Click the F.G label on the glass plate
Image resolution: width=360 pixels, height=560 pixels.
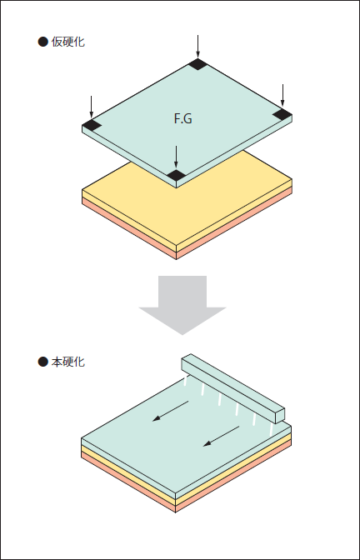click(x=182, y=118)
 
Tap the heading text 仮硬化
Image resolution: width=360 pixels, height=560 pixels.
click(x=67, y=42)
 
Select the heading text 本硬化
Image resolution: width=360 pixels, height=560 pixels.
click(x=67, y=362)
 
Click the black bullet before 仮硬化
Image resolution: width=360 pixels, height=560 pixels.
click(x=42, y=42)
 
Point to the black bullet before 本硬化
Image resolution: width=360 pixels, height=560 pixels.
click(x=42, y=362)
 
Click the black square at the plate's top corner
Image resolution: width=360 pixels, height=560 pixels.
click(x=197, y=64)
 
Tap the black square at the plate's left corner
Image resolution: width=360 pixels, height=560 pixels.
click(x=92, y=125)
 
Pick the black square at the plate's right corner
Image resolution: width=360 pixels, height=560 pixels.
click(x=282, y=115)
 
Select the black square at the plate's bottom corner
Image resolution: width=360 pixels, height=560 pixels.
click(x=176, y=175)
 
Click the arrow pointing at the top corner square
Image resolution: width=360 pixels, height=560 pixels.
click(x=197, y=47)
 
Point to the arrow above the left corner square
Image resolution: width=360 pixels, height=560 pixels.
click(x=92, y=107)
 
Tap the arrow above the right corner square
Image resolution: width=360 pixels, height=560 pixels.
click(x=282, y=95)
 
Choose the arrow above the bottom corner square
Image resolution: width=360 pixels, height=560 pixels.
click(x=176, y=157)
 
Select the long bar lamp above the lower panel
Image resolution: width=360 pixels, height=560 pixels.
click(x=232, y=388)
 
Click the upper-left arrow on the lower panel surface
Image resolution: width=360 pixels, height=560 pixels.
click(x=170, y=411)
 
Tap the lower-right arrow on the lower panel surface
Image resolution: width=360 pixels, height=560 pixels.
click(x=221, y=436)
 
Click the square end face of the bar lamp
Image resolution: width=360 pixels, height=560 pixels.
click(x=280, y=416)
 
